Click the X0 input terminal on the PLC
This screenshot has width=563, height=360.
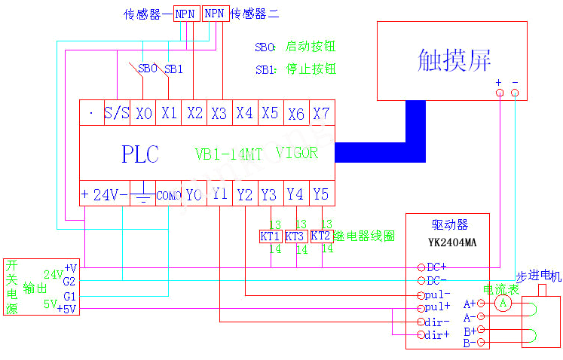[x=143, y=114]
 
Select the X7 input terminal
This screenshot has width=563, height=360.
[x=322, y=114]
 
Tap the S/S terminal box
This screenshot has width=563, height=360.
[x=117, y=114]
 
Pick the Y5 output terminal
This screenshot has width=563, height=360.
[x=321, y=194]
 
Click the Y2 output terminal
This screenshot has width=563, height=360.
[x=245, y=194]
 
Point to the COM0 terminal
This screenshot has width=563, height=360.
[x=169, y=195]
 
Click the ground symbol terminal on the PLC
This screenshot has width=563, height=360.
[x=142, y=194]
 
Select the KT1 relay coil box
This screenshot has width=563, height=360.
[x=271, y=236]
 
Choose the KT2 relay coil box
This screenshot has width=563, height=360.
[x=322, y=236]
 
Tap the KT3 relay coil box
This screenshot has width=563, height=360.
[x=296, y=236]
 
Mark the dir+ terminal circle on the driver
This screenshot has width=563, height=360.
[x=421, y=334]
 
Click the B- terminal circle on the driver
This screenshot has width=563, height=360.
[x=480, y=343]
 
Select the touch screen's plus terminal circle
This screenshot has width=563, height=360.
[x=499, y=93]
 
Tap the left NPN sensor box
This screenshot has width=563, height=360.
[x=185, y=14]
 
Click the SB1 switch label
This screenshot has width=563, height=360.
[x=174, y=69]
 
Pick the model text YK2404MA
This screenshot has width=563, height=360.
[x=449, y=243]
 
